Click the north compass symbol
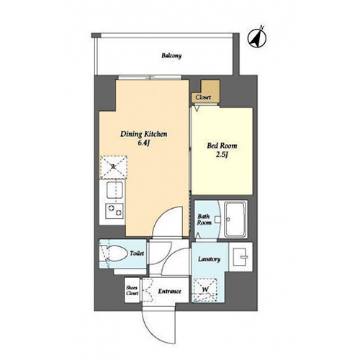click(257, 38)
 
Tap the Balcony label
click(171, 55)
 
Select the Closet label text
click(203, 97)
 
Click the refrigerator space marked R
click(114, 167)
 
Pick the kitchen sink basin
click(114, 190)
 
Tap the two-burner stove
click(114, 210)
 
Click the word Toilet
click(137, 253)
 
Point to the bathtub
click(235, 219)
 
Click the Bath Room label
click(204, 220)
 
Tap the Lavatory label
click(209, 259)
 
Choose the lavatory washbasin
click(240, 257)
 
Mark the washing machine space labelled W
click(205, 290)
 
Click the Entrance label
click(169, 292)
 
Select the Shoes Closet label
click(132, 290)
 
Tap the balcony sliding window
click(150, 77)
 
